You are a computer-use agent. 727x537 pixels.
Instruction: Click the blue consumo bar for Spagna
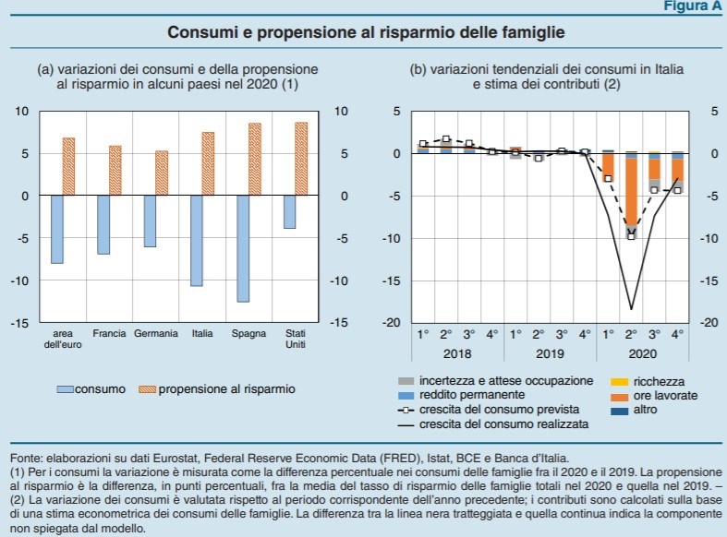tap(244, 248)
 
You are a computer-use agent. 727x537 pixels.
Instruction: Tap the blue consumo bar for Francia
tap(104, 224)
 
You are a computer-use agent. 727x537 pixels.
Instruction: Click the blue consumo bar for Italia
tap(196, 240)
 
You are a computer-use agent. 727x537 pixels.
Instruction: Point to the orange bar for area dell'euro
tap(69, 166)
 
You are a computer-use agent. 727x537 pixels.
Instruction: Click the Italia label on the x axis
tap(200, 333)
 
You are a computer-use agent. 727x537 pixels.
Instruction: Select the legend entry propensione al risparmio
tap(226, 389)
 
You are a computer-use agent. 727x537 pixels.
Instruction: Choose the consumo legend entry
tap(101, 389)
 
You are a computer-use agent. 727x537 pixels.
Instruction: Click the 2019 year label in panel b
tap(550, 353)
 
